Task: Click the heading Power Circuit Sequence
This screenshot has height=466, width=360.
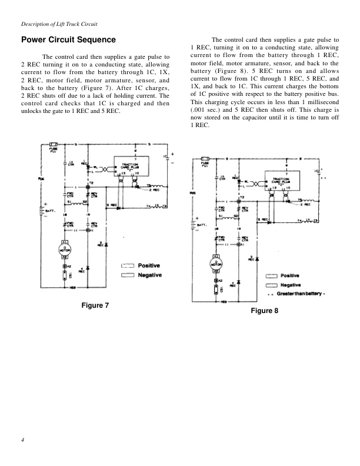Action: tap(68, 41)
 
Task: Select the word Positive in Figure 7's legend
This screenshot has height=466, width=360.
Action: tap(149, 266)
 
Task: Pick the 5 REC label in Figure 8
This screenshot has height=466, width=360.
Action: tap(263, 220)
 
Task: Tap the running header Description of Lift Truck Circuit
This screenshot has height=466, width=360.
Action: tap(59, 24)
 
